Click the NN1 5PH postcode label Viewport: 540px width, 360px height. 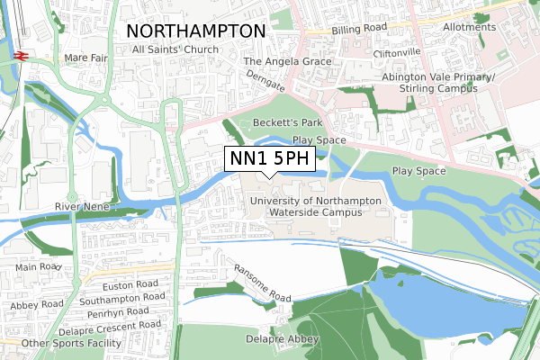click(x=268, y=159)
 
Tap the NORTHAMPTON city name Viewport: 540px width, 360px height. click(x=197, y=31)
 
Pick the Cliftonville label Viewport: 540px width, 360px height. click(x=399, y=52)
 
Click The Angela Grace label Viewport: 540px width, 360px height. click(x=288, y=62)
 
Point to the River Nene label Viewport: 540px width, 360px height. click(x=82, y=206)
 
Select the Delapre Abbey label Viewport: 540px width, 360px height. click(x=282, y=339)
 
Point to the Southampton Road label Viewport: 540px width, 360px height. click(x=122, y=296)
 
